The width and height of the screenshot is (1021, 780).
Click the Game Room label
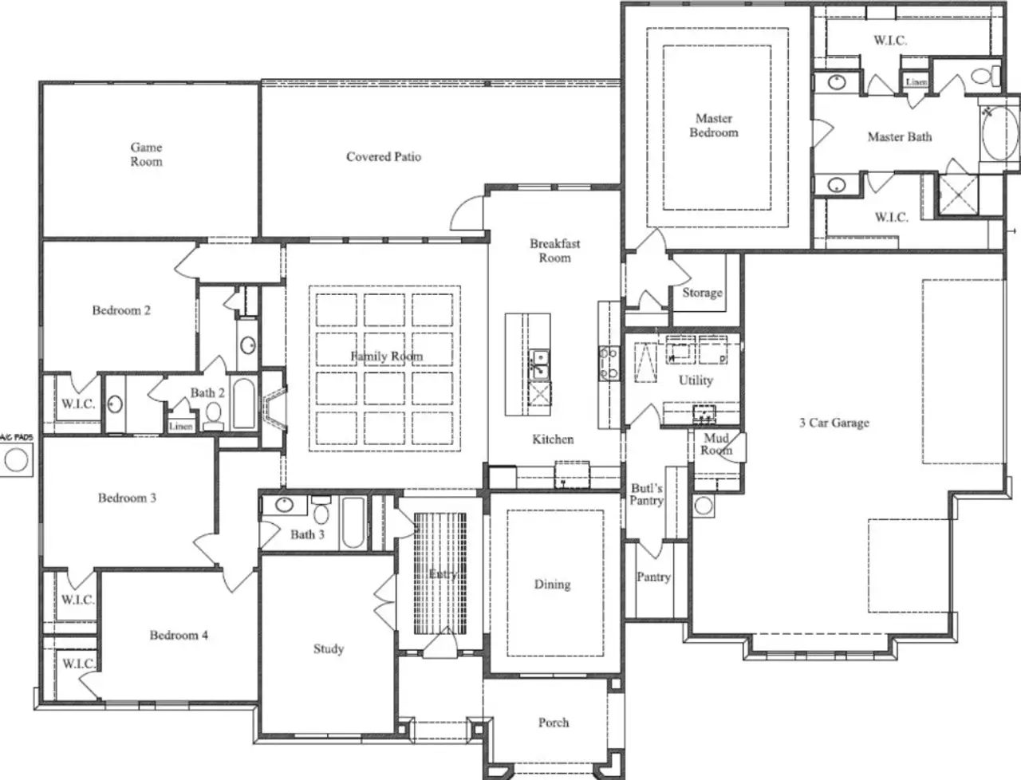(146, 154)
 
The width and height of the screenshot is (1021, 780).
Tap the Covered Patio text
(383, 156)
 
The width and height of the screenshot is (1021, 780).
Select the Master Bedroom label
(713, 125)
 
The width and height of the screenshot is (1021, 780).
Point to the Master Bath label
(899, 137)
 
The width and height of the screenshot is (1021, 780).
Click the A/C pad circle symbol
(15, 459)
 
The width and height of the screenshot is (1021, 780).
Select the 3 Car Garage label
(834, 423)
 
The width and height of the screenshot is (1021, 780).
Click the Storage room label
(702, 293)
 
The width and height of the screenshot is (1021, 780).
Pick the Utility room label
(696, 380)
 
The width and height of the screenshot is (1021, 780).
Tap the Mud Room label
(716, 444)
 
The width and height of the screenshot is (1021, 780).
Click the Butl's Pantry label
(646, 494)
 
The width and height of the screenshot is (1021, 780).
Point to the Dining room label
(552, 584)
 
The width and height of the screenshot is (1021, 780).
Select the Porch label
(553, 722)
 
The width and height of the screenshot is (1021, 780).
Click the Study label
(328, 648)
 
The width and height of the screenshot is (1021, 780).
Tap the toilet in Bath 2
(213, 413)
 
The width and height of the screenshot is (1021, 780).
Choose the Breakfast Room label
(554, 250)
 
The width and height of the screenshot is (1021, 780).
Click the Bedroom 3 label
(127, 498)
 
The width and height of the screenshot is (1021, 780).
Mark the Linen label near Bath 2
(181, 426)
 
